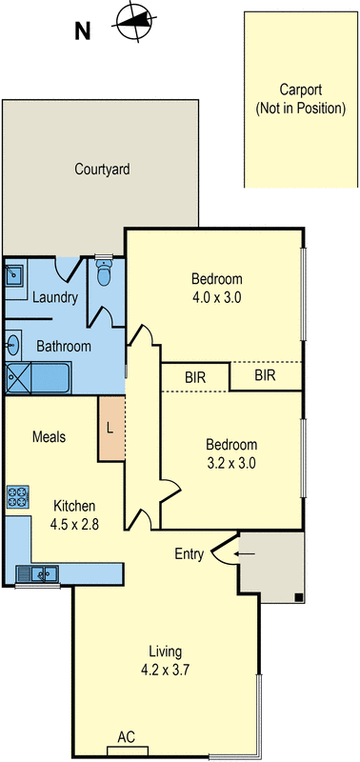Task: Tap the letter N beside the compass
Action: pos(83,30)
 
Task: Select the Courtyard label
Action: pos(102,170)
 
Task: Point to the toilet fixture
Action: pos(105,276)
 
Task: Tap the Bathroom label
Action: pos(64,346)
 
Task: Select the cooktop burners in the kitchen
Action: pos(18,495)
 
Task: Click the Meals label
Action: pos(49,437)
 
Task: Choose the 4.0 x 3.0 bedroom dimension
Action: pos(217,296)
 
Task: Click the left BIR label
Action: pos(195,376)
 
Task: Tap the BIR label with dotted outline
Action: pos(265,376)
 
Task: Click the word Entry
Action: pos(189,553)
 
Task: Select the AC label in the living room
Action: pos(125,736)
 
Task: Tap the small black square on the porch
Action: pos(299,597)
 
